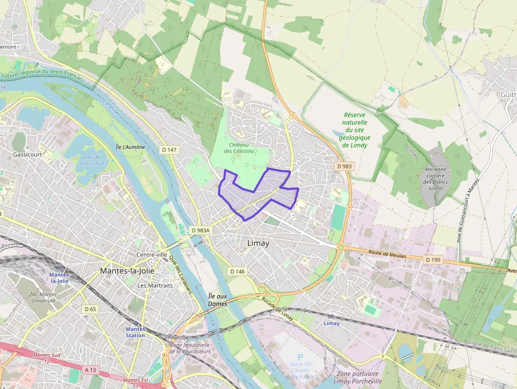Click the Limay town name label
point(258,243)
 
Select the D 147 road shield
point(169,150)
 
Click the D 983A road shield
point(200,230)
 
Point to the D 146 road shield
point(237,271)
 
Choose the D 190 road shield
point(433,259)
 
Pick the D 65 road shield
point(90,309)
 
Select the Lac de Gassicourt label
point(92,160)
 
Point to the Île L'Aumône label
point(130,147)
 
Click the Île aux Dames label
point(217,300)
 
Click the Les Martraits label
point(155,286)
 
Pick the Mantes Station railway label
point(135,332)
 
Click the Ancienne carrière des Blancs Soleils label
point(435,179)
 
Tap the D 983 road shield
point(344,166)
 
